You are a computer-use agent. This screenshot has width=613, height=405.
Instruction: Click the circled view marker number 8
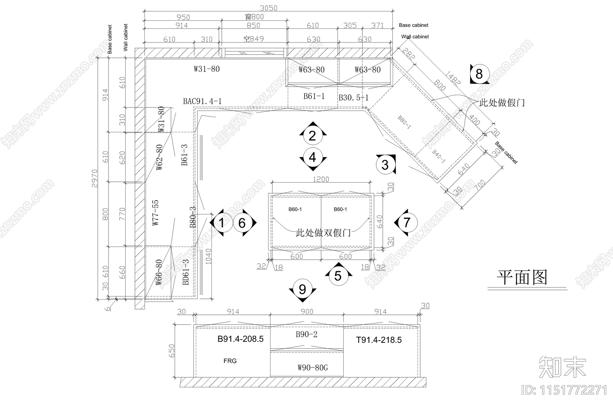[x=479, y=73]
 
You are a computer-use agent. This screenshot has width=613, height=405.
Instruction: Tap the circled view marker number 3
[x=385, y=165]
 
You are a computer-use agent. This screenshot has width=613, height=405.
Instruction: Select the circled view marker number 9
[x=302, y=289]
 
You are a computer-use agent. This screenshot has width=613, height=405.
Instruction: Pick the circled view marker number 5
[x=338, y=275]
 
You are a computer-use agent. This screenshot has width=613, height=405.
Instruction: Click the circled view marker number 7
[x=406, y=222]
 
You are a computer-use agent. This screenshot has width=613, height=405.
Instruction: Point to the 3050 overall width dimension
[x=268, y=8]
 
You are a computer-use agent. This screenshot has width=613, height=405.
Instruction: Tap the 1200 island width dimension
[x=321, y=179]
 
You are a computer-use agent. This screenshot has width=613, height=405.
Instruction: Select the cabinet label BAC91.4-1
[x=202, y=101]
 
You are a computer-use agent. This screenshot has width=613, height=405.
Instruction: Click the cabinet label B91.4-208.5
[x=241, y=339]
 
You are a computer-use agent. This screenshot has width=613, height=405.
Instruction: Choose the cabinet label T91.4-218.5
[x=379, y=340]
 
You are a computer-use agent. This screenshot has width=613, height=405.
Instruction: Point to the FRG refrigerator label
[x=230, y=361]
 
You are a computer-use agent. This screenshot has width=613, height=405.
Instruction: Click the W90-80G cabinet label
[x=313, y=368]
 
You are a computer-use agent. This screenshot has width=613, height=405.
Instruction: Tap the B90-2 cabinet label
[x=306, y=334]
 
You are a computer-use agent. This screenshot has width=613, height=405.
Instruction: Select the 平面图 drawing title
[x=522, y=277]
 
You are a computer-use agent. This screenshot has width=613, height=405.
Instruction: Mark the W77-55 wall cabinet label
[x=155, y=212]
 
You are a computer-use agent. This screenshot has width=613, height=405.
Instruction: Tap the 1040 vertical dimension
[x=208, y=256]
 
